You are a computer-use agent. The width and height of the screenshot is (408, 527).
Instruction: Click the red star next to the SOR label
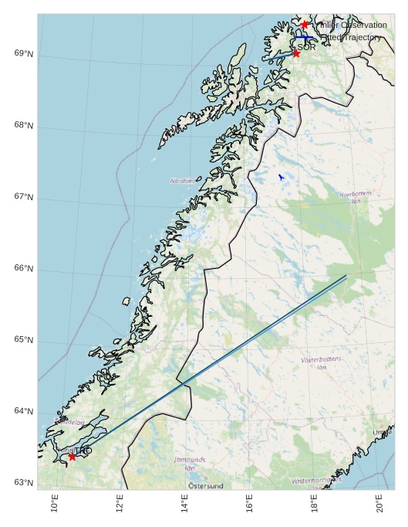[x=296, y=53]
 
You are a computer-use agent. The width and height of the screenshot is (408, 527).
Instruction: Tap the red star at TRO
[x=72, y=457]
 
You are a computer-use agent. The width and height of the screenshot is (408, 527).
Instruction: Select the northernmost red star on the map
[x=305, y=25]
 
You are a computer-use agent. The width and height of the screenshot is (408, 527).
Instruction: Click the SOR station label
[x=307, y=47]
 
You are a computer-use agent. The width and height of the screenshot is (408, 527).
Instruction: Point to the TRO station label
[x=83, y=450]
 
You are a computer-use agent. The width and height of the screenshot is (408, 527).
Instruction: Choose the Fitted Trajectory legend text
[x=351, y=37]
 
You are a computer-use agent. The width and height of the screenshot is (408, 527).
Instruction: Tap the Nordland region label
[x=183, y=181]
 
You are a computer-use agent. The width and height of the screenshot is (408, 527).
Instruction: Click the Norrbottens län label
[x=356, y=197]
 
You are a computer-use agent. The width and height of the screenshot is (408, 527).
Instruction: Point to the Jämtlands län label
[x=190, y=464]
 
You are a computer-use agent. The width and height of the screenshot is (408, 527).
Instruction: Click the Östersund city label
[x=206, y=486]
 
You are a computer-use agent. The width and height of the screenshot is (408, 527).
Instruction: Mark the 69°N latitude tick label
[x=24, y=53]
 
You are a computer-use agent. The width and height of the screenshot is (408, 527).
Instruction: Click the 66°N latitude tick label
[x=24, y=269]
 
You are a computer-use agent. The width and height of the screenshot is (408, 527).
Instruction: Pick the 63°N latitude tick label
[x=24, y=483]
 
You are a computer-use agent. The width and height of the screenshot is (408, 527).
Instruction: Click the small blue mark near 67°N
[x=282, y=177]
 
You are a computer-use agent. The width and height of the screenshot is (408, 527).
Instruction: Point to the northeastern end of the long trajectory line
[x=346, y=276]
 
